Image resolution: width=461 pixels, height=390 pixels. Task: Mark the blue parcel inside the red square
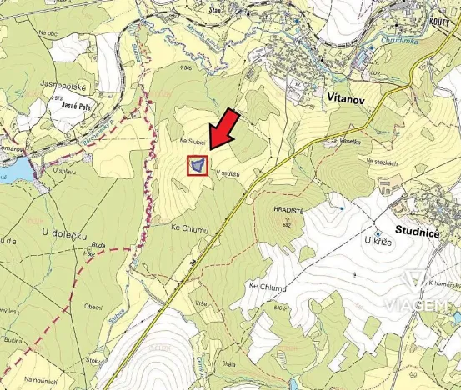tap(197, 166)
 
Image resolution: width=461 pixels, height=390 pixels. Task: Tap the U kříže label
tap(378, 241)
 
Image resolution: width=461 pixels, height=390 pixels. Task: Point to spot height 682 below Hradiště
tap(286, 225)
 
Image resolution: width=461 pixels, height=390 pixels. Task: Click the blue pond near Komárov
tap(13, 171)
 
